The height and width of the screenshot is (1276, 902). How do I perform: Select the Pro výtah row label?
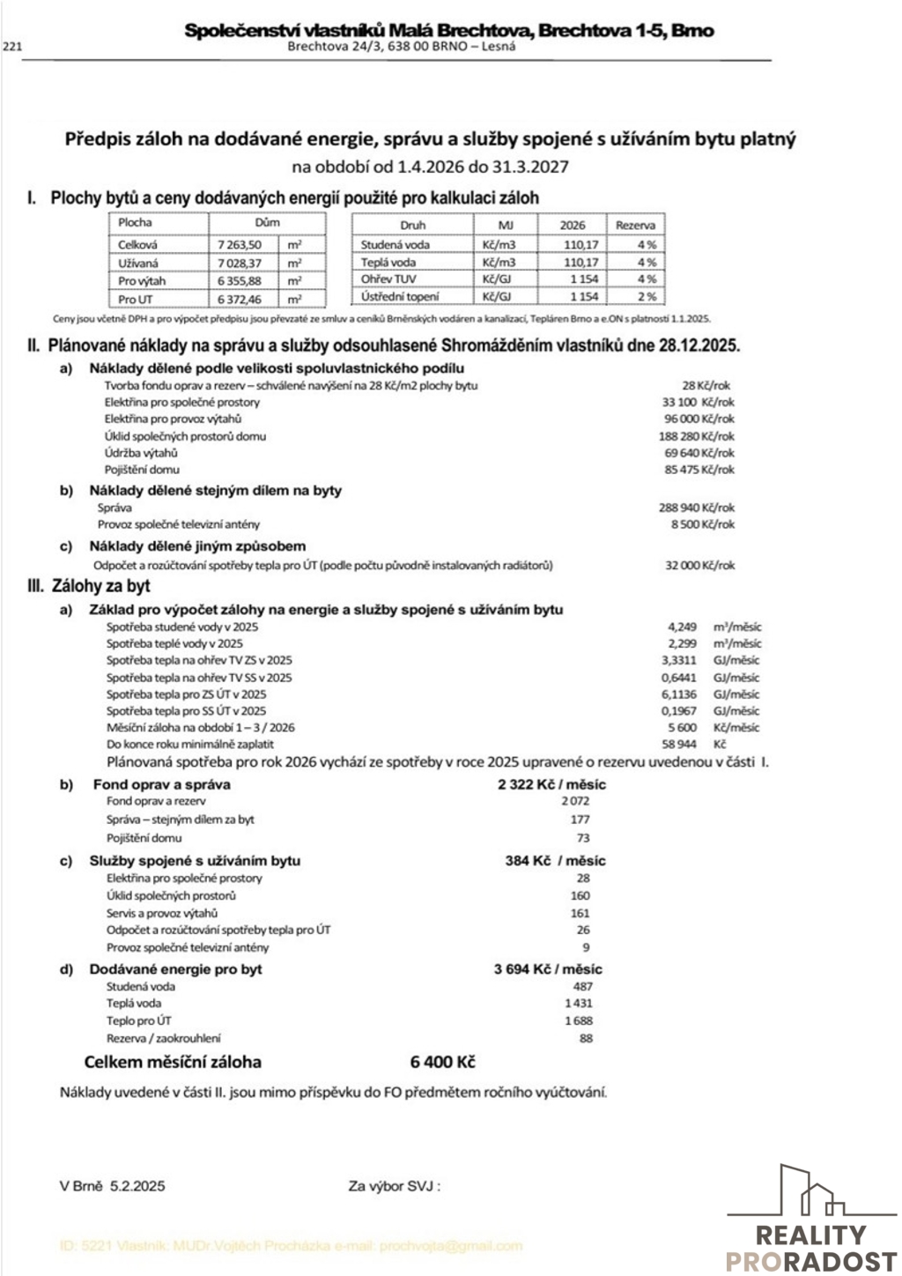(x=142, y=281)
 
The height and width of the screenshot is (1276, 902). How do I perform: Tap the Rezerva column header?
(x=635, y=226)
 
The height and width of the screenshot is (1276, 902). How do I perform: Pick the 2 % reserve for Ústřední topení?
(x=647, y=297)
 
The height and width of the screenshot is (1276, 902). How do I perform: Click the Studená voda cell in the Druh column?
(x=396, y=245)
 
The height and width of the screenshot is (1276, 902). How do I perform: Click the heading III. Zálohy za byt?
(x=89, y=586)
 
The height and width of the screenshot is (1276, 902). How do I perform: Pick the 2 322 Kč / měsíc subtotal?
(x=551, y=784)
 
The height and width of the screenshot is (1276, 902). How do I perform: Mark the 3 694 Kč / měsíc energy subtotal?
(x=548, y=969)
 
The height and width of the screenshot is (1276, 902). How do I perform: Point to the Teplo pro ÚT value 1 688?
(x=579, y=1020)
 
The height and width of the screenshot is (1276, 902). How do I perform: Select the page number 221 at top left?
(x=13, y=48)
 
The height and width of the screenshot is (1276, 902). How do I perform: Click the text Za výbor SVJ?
(x=394, y=1186)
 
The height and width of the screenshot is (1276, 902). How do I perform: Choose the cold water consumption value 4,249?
(x=683, y=627)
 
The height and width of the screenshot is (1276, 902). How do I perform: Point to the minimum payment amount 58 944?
(x=679, y=745)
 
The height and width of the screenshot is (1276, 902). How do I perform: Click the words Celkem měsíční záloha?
(x=173, y=1062)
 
